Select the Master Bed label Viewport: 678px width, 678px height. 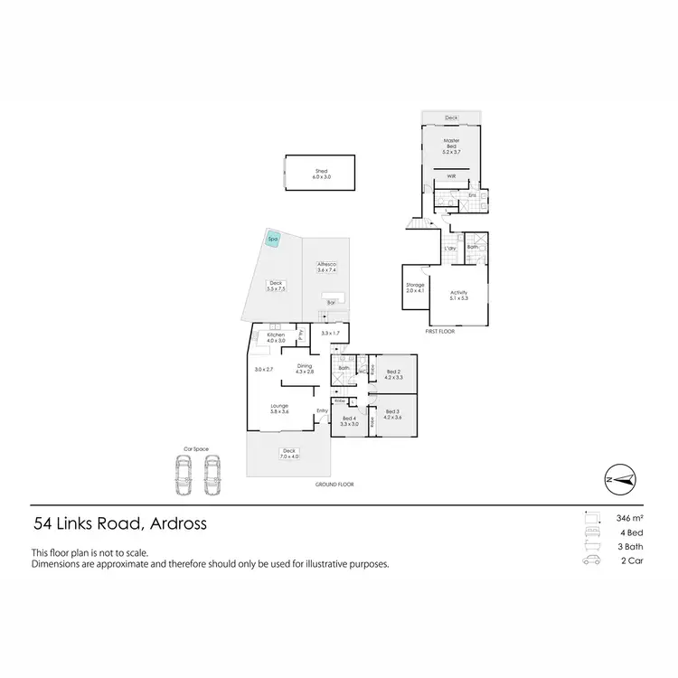pyautogui.click(x=452, y=146)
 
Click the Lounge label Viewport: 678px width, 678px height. pyautogui.click(x=279, y=409)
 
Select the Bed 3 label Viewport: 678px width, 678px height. pyautogui.click(x=392, y=415)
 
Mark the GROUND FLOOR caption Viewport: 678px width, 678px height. pyautogui.click(x=334, y=485)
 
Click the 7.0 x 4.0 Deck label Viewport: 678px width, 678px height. pyautogui.click(x=289, y=453)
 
